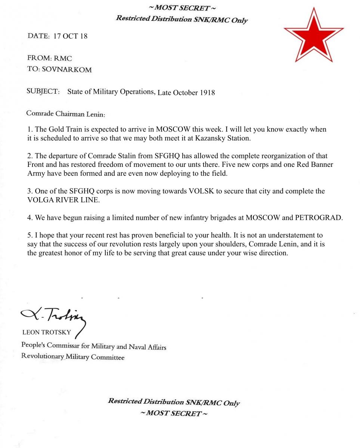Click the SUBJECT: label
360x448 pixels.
point(43,91)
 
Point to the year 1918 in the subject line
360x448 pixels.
point(207,93)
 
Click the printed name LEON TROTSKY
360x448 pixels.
point(47,332)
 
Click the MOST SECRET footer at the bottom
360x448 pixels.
point(174,413)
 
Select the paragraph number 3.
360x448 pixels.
point(30,191)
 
